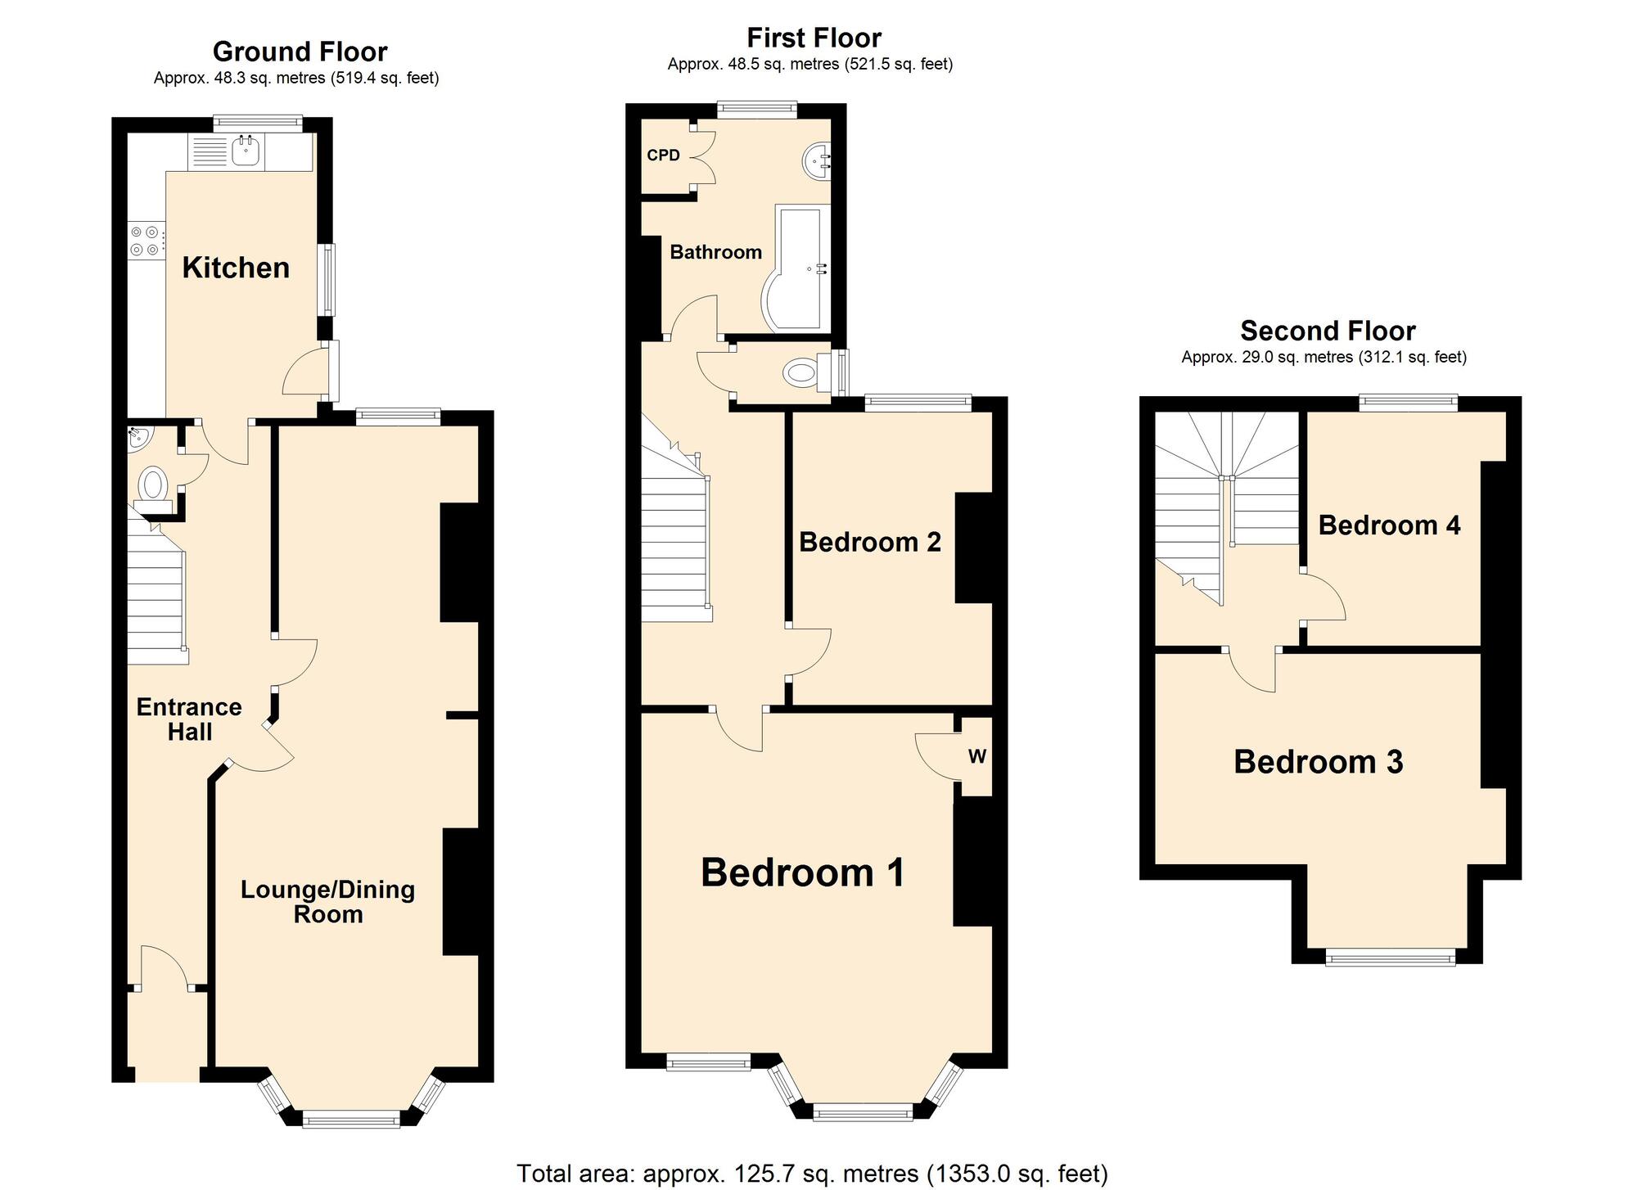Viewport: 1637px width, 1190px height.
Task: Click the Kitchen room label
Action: [236, 268]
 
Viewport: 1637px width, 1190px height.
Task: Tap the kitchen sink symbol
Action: [246, 151]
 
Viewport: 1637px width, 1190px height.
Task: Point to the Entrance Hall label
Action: [189, 719]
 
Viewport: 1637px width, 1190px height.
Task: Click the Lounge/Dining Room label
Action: [327, 901]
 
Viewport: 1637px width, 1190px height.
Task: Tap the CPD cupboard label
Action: [663, 156]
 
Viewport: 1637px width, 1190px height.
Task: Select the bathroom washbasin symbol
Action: [816, 161]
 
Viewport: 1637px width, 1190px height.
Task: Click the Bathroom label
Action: [715, 252]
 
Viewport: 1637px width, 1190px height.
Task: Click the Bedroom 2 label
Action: [869, 542]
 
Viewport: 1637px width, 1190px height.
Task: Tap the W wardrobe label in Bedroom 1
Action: [976, 757]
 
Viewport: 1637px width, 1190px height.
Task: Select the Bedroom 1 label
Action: [802, 872]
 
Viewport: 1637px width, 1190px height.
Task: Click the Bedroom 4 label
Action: [1389, 525]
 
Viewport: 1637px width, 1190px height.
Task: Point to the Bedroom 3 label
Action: [1318, 762]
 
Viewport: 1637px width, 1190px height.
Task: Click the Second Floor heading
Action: [1328, 331]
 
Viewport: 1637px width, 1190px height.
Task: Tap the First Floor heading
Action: [814, 38]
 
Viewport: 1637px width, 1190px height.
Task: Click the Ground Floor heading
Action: [300, 52]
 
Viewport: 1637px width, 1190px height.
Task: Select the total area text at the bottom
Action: [812, 1174]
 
